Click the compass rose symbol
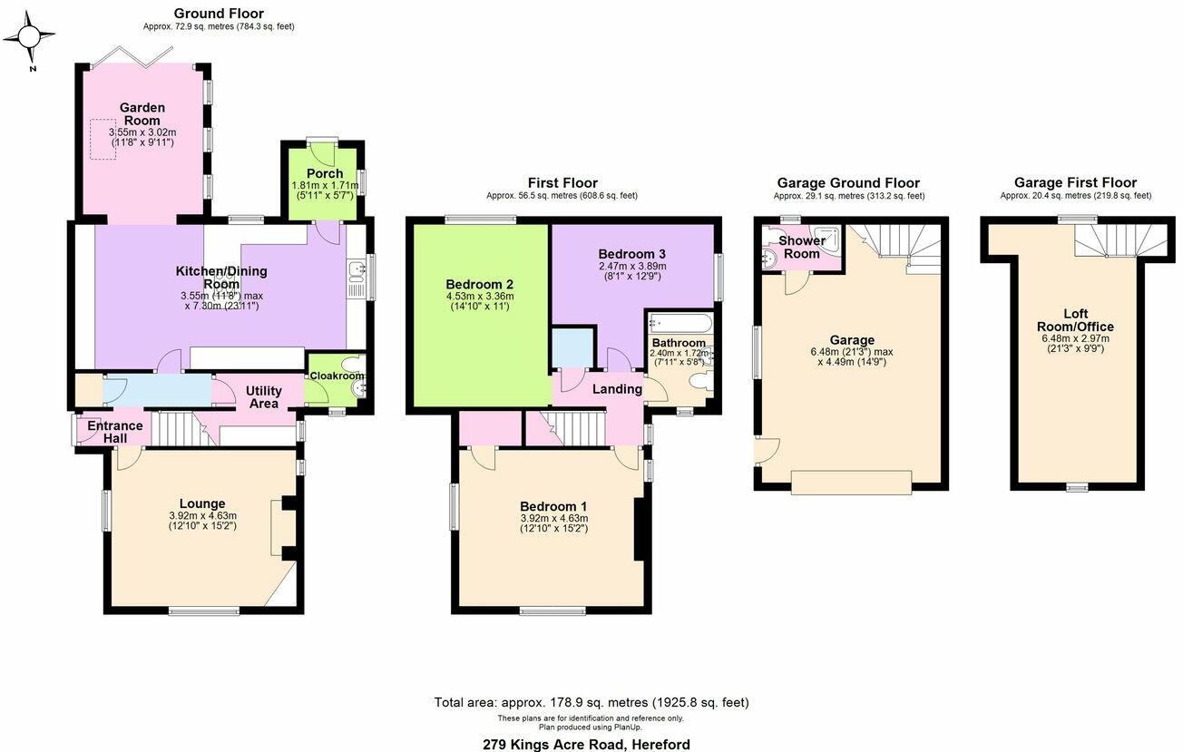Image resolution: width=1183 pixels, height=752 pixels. click(x=29, y=37)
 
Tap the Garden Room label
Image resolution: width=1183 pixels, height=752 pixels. click(x=142, y=114)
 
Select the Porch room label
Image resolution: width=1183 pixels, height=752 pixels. click(x=325, y=174)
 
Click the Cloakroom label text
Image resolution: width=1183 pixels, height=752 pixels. click(x=337, y=376)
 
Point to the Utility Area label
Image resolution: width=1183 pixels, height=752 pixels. click(x=263, y=397)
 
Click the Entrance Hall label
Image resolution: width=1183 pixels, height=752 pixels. click(x=115, y=432)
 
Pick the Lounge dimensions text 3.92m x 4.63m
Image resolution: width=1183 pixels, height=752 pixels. click(x=203, y=515)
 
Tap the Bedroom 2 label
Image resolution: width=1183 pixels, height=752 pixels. click(x=480, y=285)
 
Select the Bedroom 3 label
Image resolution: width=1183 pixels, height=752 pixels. click(x=631, y=254)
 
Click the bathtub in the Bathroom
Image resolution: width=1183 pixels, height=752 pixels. click(x=680, y=322)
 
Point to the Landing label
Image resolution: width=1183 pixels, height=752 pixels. click(x=617, y=389)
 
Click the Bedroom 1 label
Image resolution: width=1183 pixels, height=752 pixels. click(x=553, y=506)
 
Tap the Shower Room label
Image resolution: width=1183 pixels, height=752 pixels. click(x=802, y=247)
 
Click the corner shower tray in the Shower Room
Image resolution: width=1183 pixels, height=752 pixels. click(x=827, y=239)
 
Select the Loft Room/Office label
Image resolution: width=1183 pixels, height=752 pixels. click(x=1075, y=320)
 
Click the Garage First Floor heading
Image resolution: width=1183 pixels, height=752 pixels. click(x=1075, y=182)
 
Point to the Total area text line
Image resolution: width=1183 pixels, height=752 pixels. click(x=591, y=702)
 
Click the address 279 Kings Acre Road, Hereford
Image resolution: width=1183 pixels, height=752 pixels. click(x=586, y=745)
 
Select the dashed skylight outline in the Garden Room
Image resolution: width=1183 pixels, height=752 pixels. click(x=103, y=140)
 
